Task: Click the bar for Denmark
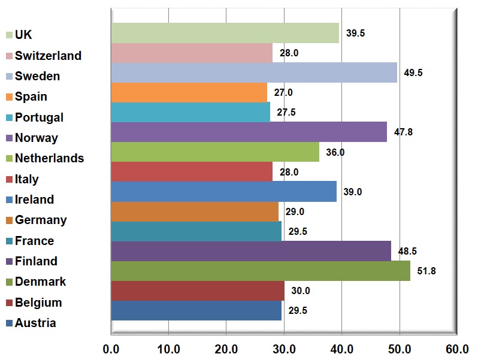click(x=261, y=271)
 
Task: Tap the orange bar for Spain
click(x=189, y=93)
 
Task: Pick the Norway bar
click(x=249, y=132)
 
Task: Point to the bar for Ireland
click(x=224, y=192)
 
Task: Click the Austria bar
click(x=196, y=310)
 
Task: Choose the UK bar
click(x=225, y=33)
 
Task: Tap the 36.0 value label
click(x=335, y=152)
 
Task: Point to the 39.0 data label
click(x=352, y=192)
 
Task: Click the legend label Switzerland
click(x=48, y=56)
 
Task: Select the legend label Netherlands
click(x=50, y=159)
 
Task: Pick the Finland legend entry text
click(x=36, y=261)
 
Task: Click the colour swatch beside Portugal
click(x=9, y=118)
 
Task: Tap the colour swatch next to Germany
click(x=9, y=220)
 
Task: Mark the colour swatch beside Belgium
click(x=9, y=303)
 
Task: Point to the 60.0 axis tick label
click(x=456, y=348)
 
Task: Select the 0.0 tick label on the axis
click(x=111, y=348)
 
